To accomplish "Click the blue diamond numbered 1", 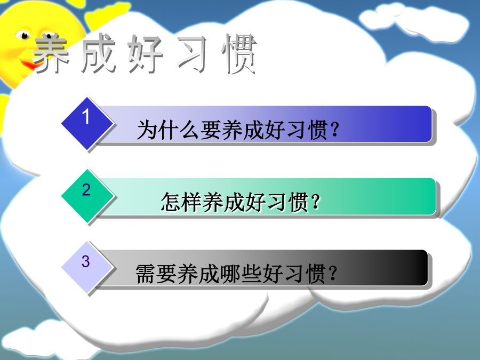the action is [x=87, y=123].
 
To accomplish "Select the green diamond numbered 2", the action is [x=87, y=196].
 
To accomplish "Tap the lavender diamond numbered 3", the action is [x=87, y=267].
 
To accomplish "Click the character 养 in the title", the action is [x=51, y=53].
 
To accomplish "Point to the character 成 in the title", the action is [x=98, y=53].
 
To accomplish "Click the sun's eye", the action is [x=23, y=35].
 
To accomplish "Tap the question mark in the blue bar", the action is [x=335, y=130].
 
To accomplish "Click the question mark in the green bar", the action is [x=315, y=202].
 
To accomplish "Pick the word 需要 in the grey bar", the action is [x=156, y=274].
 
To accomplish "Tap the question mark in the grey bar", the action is [x=333, y=274].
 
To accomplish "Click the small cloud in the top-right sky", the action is [x=413, y=20].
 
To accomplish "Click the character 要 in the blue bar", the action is [x=210, y=130].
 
